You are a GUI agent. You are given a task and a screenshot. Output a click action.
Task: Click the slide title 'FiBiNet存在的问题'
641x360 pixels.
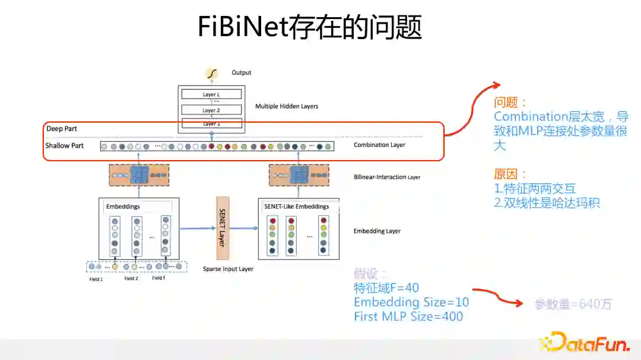[x=310, y=27]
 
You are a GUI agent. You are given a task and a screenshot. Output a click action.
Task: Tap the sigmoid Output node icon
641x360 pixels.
[x=211, y=73]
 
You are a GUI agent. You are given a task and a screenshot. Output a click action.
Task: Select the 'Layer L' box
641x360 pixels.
[x=211, y=94]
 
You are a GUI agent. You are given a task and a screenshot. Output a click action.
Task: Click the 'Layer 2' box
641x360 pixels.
[x=211, y=110]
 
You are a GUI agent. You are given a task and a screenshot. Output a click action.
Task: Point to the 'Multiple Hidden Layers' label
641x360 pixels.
[x=287, y=107]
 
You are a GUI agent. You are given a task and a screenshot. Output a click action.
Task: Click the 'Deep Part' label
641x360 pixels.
[x=62, y=129]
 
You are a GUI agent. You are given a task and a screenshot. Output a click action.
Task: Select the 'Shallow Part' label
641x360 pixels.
[x=65, y=146]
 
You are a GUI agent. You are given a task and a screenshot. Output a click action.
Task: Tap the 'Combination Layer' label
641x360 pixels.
[x=379, y=145]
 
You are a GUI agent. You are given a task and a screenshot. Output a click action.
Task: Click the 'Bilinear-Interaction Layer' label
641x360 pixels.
[x=386, y=177]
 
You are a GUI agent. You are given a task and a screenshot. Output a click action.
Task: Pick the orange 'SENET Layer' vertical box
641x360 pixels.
[x=223, y=229]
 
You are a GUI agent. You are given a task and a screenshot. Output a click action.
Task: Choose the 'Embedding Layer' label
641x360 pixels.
[x=377, y=231]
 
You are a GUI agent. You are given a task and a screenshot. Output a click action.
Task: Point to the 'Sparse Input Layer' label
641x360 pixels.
[x=228, y=269]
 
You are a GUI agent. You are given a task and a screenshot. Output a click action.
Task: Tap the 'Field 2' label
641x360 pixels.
[x=131, y=279]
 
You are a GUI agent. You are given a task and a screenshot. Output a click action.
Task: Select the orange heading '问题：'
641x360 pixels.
[x=510, y=103]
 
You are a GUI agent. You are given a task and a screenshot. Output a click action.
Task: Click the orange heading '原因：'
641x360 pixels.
[x=510, y=174]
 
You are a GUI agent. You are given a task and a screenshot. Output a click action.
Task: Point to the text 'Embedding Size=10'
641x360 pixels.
[x=411, y=302]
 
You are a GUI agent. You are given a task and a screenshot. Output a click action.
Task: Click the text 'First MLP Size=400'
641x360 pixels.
[x=408, y=317]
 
